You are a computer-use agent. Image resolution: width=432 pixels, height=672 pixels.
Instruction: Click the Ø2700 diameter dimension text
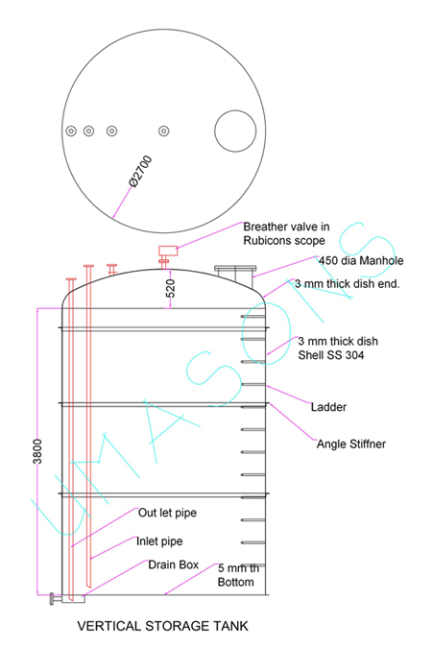(x=140, y=172)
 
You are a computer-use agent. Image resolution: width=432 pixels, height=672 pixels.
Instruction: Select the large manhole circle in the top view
(x=235, y=111)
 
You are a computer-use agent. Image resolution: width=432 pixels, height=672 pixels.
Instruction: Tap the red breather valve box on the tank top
(x=168, y=251)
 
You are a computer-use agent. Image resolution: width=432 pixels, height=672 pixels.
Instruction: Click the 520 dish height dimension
(x=171, y=288)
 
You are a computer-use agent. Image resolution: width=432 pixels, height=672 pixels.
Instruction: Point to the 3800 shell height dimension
(x=37, y=451)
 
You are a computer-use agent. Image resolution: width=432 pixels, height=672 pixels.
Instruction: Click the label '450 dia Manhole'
(x=361, y=260)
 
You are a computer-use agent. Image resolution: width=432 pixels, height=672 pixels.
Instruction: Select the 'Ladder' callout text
(x=328, y=407)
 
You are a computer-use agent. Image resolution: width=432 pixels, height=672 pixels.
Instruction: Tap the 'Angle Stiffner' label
(x=351, y=444)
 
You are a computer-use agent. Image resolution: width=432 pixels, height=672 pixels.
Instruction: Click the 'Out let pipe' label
(x=167, y=513)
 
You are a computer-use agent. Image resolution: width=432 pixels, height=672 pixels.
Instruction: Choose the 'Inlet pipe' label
(x=159, y=541)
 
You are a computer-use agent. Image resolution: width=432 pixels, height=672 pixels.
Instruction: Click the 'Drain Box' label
(x=174, y=564)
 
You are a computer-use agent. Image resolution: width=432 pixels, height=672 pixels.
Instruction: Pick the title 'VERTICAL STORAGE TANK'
(x=162, y=626)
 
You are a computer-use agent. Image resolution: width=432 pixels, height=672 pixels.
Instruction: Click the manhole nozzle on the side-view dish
(x=235, y=274)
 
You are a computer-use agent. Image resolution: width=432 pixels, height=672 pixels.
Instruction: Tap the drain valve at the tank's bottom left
(x=53, y=599)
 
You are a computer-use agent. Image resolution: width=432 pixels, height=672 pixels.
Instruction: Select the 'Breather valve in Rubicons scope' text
(x=286, y=233)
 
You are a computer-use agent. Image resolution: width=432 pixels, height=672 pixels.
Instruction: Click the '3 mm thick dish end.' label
(x=347, y=284)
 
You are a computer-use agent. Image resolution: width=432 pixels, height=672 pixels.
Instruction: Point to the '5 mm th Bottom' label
(x=238, y=575)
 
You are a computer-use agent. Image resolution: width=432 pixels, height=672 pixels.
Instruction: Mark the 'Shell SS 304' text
(x=331, y=355)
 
